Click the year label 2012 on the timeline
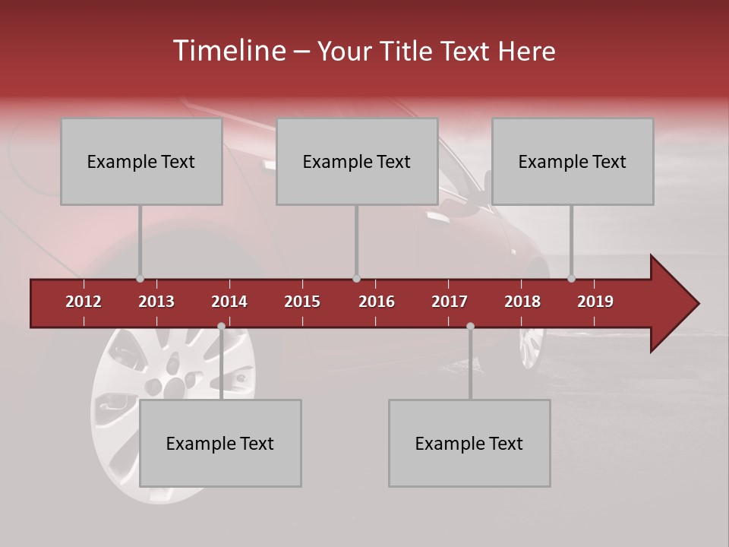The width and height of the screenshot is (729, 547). pos(84,302)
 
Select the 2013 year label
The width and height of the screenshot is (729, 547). pos(156,302)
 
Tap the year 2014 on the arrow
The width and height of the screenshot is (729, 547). pos(229,302)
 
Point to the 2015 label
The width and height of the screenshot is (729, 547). pos(302,302)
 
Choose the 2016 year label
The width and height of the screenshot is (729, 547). pos(377,302)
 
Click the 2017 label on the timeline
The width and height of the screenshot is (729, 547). pos(450,302)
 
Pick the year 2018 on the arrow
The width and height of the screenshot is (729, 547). pos(522,302)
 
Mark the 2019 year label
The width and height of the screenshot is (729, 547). pos(595,302)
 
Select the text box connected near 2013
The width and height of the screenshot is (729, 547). pos(141,162)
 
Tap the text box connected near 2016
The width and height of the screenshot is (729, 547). pos(357,162)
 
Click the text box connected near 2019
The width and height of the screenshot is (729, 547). pos(573,162)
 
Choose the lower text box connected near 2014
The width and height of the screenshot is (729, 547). pos(220,444)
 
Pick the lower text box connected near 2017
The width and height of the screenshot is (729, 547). pos(469,444)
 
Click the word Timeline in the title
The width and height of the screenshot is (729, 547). pos(229,51)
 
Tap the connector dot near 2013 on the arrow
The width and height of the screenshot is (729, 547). pos(140,279)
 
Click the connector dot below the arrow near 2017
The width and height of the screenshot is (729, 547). pos(470,327)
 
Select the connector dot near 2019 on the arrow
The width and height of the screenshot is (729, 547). pos(571,279)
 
